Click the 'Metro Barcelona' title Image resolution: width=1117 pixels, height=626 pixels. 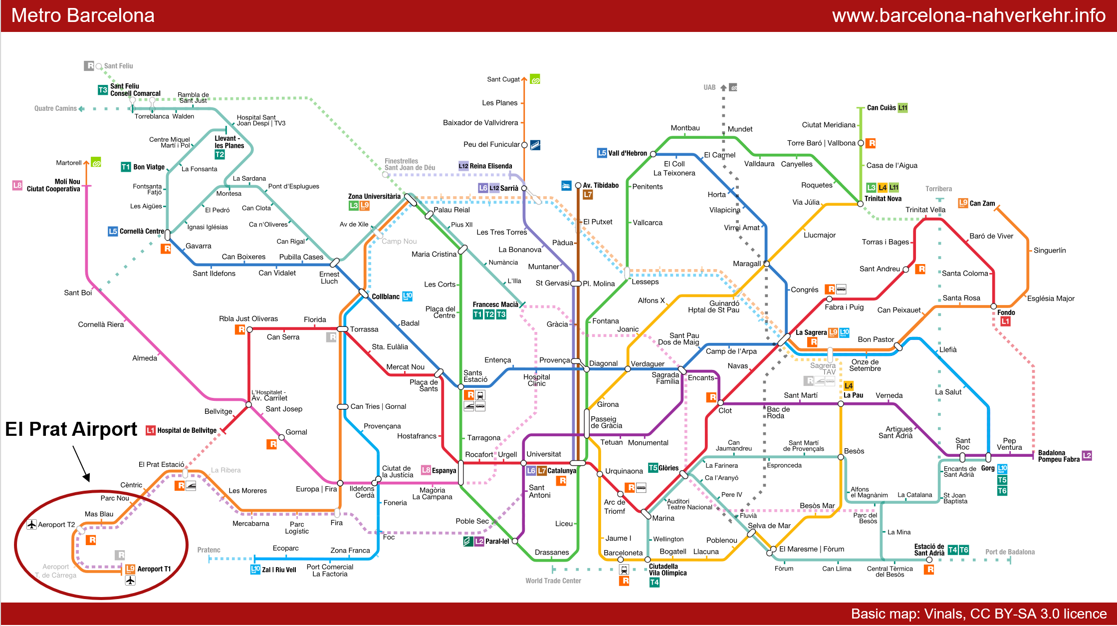click(83, 15)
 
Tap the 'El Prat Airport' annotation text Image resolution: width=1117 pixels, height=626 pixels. click(71, 429)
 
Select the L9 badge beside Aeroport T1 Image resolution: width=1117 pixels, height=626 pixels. click(130, 569)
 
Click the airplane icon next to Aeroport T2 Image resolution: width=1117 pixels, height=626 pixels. click(31, 525)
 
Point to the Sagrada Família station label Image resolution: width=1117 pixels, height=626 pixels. click(666, 378)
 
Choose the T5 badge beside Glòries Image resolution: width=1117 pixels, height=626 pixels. click(653, 468)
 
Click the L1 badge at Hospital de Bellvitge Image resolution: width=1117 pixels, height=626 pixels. click(150, 430)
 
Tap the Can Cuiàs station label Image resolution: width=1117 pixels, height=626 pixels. click(882, 108)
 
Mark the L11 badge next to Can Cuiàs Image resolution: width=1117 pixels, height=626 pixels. click(902, 108)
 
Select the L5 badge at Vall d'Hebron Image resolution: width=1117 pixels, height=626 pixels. click(602, 153)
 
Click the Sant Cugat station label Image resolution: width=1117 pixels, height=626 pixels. click(503, 79)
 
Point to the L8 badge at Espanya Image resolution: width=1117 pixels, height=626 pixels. click(426, 470)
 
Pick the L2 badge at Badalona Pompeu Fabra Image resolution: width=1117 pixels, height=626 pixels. click(1087, 456)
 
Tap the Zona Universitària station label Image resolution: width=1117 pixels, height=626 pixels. click(374, 196)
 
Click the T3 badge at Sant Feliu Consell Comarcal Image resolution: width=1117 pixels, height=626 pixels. click(103, 90)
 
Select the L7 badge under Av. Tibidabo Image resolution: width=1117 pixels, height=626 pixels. click(588, 195)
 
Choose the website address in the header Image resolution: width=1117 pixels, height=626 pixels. click(969, 15)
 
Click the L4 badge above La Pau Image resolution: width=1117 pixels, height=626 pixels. click(849, 386)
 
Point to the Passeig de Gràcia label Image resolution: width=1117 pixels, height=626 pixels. click(606, 422)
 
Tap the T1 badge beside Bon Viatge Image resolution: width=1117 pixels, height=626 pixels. click(126, 167)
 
